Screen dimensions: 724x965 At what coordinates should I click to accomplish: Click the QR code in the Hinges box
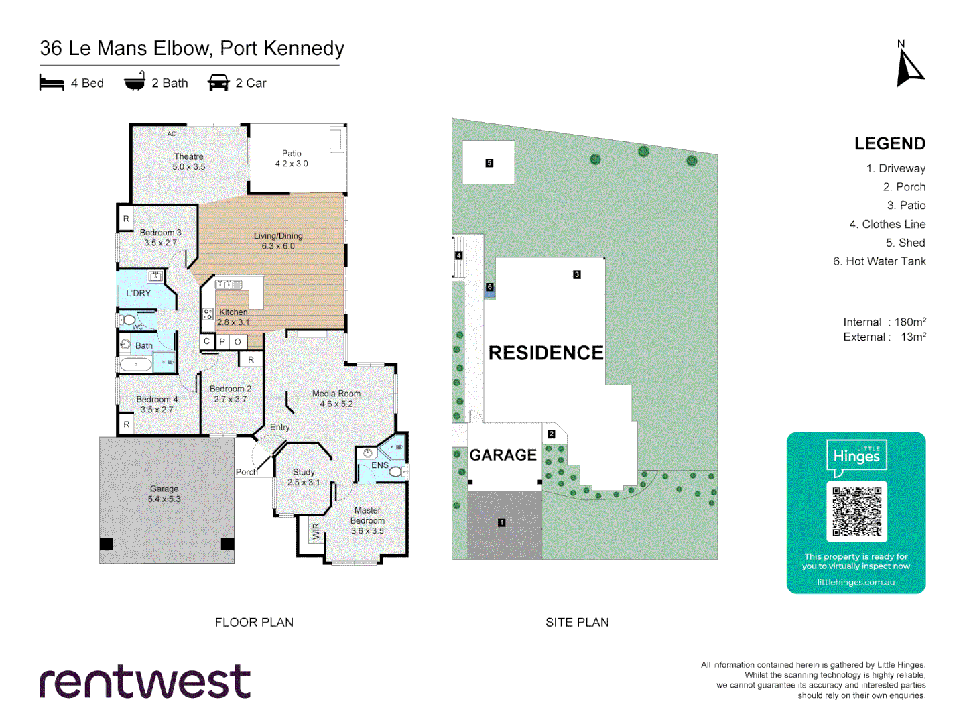856,511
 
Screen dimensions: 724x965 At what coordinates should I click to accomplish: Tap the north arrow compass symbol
909,69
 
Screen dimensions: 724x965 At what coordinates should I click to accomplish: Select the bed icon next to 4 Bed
52,83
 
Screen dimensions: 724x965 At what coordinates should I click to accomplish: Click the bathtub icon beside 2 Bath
135,82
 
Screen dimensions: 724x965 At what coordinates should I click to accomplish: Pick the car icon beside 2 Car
218,83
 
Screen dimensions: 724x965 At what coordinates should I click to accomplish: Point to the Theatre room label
188,162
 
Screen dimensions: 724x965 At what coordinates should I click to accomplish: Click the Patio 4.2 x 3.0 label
292,158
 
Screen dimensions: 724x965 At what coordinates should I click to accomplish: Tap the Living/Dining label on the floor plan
278,241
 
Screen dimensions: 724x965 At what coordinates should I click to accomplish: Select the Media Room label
336,398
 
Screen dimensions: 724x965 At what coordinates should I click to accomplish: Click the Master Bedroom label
367,520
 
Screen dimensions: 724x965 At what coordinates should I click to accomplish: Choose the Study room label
304,477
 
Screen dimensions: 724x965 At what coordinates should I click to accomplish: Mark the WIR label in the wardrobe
316,532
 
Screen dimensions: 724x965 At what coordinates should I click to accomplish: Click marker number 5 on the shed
489,163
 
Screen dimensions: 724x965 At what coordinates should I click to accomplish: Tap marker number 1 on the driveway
501,522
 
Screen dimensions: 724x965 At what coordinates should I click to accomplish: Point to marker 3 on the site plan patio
576,274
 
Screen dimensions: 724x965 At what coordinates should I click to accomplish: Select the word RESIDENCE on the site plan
545,353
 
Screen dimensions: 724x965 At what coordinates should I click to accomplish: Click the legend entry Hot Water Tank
879,261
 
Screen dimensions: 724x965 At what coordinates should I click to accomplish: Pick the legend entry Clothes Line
887,224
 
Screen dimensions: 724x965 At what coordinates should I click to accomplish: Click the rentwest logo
145,682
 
